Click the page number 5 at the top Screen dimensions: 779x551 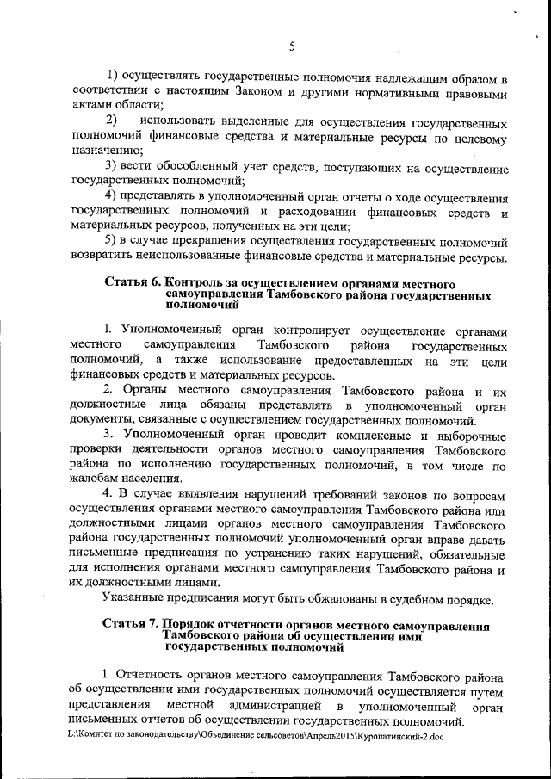point(292,46)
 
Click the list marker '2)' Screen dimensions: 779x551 point(111,118)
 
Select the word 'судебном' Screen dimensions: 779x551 point(415,598)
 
